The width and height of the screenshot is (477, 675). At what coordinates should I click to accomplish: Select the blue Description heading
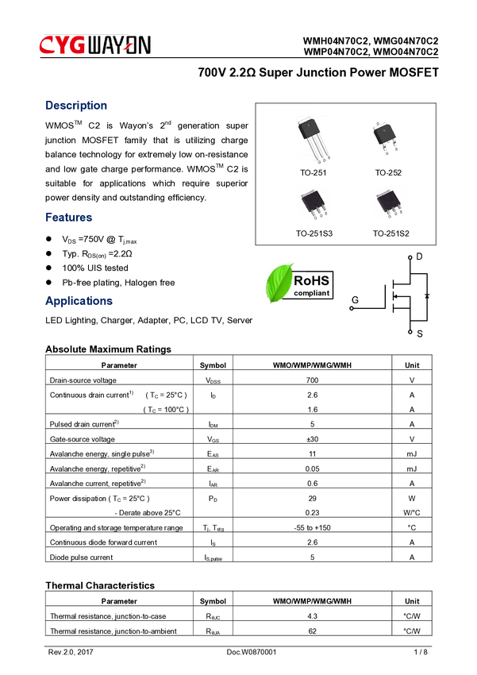coord(76,105)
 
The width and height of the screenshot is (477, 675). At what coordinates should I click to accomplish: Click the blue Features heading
coord(69,217)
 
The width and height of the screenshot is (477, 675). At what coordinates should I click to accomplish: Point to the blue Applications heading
coord(79,302)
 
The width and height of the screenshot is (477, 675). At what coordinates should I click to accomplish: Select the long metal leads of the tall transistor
coord(320,152)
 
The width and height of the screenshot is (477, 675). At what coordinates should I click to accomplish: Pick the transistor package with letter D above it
coord(384,135)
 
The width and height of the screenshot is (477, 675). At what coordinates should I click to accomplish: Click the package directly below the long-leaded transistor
coord(313,202)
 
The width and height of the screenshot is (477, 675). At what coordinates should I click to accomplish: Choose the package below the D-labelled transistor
coord(388,202)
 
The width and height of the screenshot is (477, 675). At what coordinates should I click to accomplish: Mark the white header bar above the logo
coord(286,26)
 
